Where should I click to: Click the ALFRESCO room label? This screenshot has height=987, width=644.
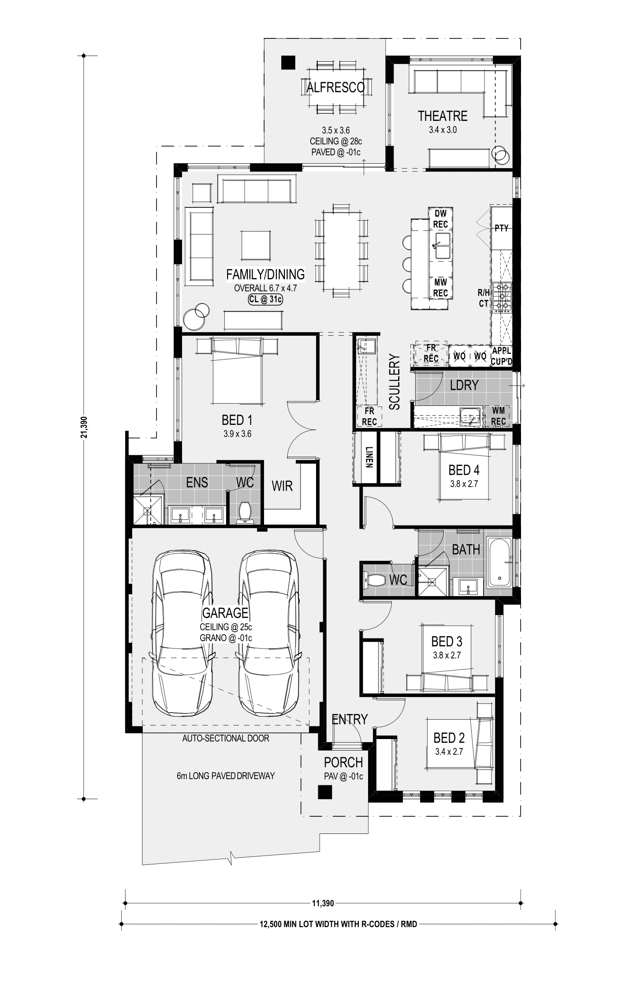point(335,87)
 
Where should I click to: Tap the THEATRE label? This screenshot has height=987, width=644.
point(442,116)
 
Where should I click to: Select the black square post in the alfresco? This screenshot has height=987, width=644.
point(288,62)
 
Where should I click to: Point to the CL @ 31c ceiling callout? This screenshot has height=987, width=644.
point(265,300)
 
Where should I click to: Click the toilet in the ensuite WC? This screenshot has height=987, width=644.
point(244,512)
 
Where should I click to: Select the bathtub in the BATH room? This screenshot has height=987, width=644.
point(499,562)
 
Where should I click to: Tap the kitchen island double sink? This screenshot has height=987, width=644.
point(441,246)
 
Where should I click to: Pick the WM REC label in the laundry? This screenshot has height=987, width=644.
point(499,416)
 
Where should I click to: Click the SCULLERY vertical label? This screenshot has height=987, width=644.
point(394,382)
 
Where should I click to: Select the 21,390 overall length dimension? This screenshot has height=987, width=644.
point(83,427)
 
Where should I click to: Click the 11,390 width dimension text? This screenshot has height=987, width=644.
point(323,903)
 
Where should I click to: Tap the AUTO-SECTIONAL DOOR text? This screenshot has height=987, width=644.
point(226,738)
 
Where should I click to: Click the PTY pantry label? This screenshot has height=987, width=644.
point(502,228)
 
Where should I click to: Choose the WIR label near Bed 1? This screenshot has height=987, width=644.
point(282,486)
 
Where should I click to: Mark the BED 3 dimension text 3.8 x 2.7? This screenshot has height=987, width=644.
point(447,655)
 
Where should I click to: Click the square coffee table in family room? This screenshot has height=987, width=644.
point(256,245)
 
